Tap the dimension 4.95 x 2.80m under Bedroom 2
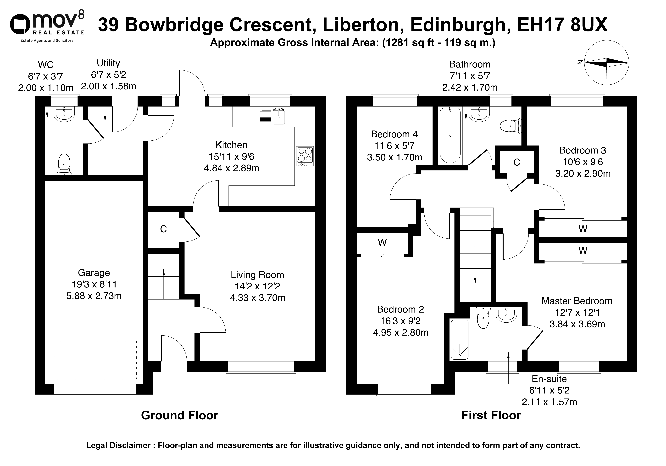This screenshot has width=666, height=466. tap(401, 332)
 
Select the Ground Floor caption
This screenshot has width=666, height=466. tap(180, 415)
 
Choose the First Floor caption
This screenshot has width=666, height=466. tap(491, 415)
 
